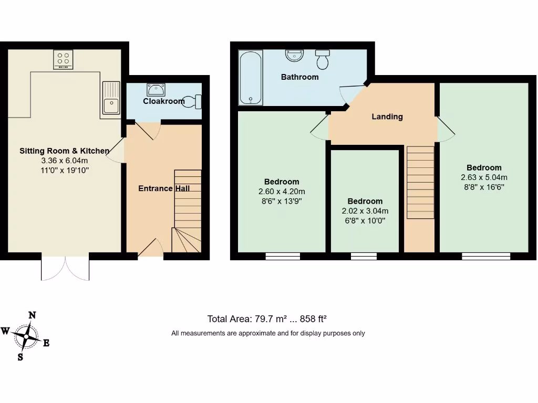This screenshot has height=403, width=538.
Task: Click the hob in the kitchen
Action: pyautogui.click(x=64, y=59)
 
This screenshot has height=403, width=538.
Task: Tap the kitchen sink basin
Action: pyautogui.click(x=111, y=106)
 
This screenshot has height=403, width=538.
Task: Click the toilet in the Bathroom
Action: pyautogui.click(x=322, y=59)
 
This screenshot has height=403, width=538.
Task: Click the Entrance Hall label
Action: pyautogui.click(x=164, y=188)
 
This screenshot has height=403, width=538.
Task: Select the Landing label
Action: pyautogui.click(x=387, y=116)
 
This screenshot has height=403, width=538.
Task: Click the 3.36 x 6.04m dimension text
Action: pyautogui.click(x=65, y=161)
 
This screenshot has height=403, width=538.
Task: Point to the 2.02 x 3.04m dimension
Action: pyautogui.click(x=365, y=211)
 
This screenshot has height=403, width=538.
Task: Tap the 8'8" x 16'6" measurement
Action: pyautogui.click(x=484, y=186)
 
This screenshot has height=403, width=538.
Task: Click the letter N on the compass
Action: pyautogui.click(x=32, y=315)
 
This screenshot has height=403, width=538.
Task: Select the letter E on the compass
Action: pyautogui.click(x=46, y=343)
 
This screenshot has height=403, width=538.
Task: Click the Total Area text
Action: pyautogui.click(x=267, y=319)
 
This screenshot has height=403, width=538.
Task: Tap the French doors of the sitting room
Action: pyautogui.click(x=65, y=268)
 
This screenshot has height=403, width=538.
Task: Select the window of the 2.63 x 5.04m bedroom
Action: pyautogui.click(x=486, y=256)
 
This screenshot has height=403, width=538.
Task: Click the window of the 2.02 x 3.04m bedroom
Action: pyautogui.click(x=364, y=256)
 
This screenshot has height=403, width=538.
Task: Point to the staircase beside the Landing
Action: pyautogui.click(x=420, y=182)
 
